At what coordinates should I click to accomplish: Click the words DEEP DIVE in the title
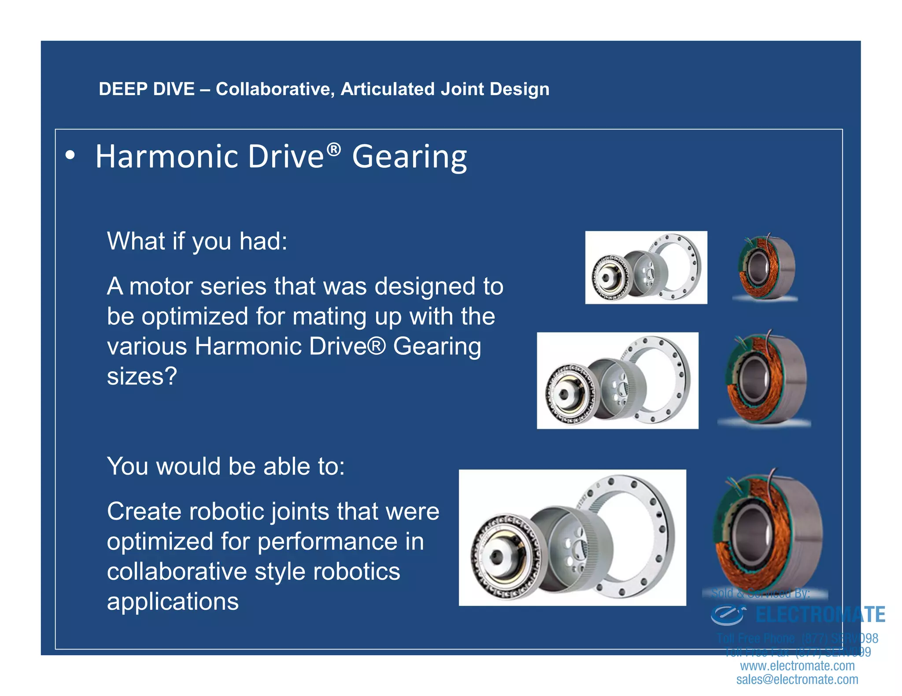click(x=146, y=89)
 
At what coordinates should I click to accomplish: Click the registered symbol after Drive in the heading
click(x=333, y=150)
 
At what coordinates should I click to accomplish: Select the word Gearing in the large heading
click(x=409, y=158)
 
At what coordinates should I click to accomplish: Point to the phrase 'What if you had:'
click(x=197, y=242)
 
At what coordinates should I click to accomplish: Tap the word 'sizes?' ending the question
click(x=142, y=377)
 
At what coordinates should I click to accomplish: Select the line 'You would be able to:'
click(x=225, y=466)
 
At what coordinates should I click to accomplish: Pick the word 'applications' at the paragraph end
click(x=173, y=602)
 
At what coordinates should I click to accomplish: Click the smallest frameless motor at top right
click(x=765, y=267)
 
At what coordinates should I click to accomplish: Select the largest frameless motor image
click(x=767, y=532)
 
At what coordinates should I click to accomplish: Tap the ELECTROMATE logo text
click(x=820, y=615)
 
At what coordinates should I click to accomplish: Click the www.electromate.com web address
click(x=797, y=666)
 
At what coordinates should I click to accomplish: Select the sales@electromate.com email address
click(x=797, y=680)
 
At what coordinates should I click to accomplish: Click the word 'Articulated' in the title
click(x=388, y=89)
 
